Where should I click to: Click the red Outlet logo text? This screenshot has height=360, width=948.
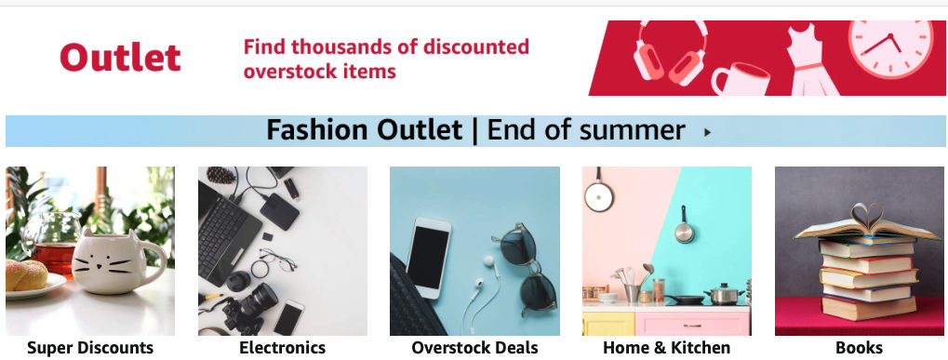[x=120, y=58]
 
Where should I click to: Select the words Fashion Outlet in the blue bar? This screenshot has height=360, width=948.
[x=364, y=130]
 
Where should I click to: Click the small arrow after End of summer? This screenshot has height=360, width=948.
[x=708, y=132]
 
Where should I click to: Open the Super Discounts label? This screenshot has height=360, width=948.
[x=90, y=348]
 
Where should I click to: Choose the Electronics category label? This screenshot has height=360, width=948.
[x=282, y=348]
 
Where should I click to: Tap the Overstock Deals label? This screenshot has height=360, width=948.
[x=474, y=348]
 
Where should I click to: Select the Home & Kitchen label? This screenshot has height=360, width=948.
[x=666, y=348]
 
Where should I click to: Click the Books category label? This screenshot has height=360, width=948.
[x=859, y=348]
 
